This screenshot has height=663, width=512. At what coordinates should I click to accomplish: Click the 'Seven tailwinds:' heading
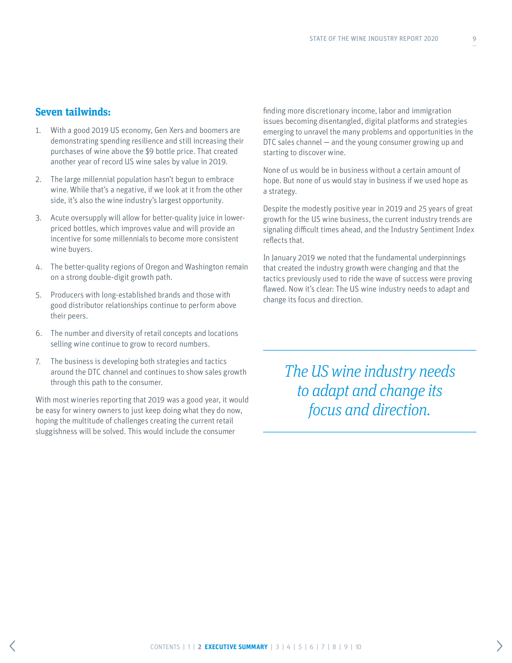tap(73, 112)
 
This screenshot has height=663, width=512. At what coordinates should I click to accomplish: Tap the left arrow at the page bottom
tap(12, 646)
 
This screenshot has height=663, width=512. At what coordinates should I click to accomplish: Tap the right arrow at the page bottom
tap(499, 646)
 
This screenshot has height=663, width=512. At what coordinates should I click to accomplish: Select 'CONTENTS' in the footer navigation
tap(165, 647)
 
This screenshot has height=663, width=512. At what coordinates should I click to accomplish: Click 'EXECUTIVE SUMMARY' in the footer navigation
tap(236, 647)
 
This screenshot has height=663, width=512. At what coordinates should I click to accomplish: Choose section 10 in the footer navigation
tap(358, 647)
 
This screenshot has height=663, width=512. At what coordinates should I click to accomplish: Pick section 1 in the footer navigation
tap(189, 647)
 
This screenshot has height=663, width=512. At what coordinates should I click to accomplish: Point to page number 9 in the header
tap(475, 39)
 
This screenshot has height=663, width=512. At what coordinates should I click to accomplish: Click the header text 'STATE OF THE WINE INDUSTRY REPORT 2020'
tap(374, 38)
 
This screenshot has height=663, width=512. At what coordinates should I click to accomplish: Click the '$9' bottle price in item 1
tap(149, 152)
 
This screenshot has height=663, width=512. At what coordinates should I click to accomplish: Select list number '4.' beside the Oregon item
tap(38, 267)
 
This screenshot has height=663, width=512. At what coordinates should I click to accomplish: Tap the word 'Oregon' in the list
tap(157, 267)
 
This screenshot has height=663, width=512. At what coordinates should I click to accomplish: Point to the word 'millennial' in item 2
tap(99, 179)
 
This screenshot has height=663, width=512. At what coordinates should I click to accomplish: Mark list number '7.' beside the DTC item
tap(38, 362)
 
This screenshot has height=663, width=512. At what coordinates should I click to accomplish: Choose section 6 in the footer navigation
tap(312, 647)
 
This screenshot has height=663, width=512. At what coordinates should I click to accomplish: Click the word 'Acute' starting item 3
tap(60, 218)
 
